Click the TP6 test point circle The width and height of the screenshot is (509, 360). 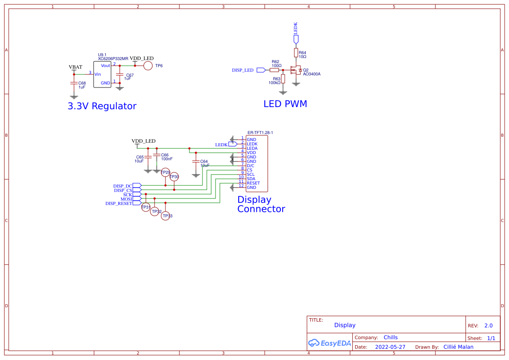point(148,66)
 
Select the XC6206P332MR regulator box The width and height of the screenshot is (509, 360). point(102,74)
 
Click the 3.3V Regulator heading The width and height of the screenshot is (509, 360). point(102,106)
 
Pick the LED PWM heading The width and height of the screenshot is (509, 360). point(285,104)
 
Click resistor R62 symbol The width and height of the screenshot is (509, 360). point(274,70)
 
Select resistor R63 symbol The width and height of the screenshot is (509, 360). point(283,79)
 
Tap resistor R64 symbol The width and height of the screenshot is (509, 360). point(296,53)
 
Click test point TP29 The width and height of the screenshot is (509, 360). point(165,172)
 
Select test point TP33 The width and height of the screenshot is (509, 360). point(165,215)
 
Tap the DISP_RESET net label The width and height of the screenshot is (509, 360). point(118,203)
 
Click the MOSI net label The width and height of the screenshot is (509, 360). point(126,199)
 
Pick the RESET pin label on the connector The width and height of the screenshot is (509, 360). point(253,183)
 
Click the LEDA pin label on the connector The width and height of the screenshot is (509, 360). point(252,148)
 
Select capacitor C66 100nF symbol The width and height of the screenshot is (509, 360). point(157,155)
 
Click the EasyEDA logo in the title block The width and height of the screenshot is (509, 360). point(330,343)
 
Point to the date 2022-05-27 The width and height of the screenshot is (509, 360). point(390,347)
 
